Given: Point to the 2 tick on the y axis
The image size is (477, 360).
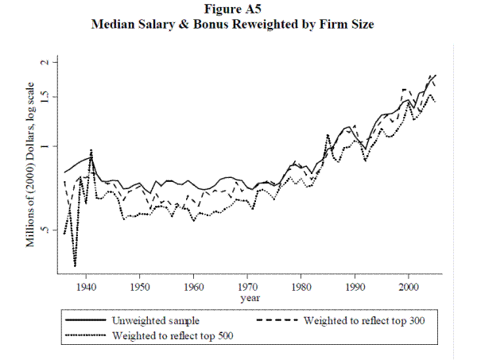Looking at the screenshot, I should click(45, 61).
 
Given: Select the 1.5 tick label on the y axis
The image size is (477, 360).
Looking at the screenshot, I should click(45, 97).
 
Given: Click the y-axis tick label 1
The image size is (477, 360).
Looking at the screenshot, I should click(45, 146).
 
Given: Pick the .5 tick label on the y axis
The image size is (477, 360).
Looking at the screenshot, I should click(45, 230).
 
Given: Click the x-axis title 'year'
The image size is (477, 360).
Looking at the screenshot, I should click(248, 297).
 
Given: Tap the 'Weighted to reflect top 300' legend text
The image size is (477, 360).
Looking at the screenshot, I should click(364, 321).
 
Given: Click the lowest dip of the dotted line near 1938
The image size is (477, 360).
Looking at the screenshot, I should click(75, 266).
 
